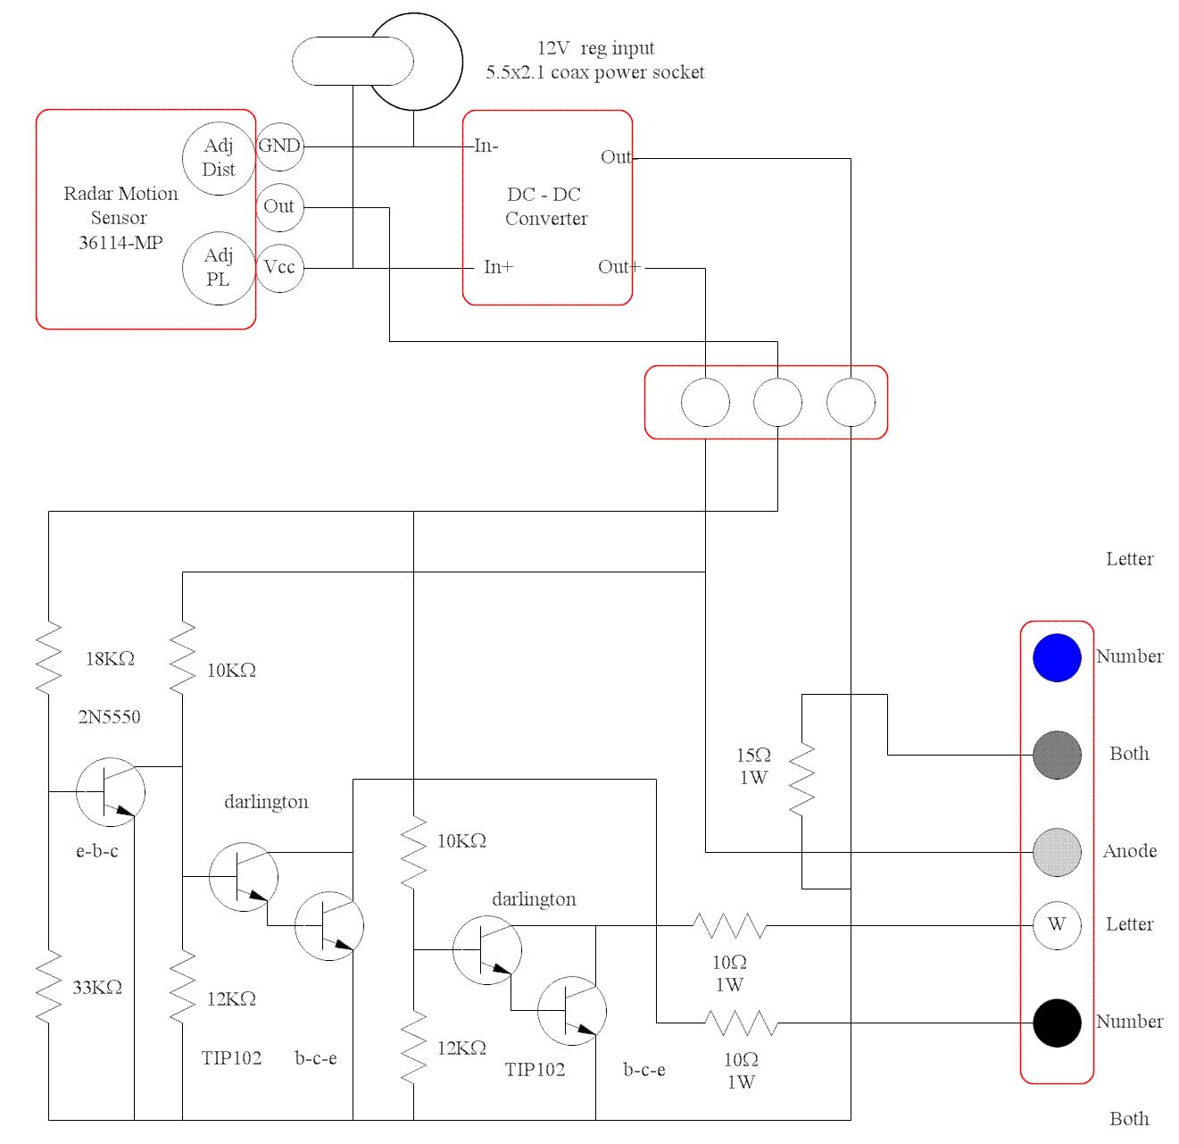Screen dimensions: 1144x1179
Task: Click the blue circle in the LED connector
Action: [1057, 657]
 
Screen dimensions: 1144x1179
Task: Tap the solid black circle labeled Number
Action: [1057, 1023]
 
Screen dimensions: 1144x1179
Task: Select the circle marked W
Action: [1057, 925]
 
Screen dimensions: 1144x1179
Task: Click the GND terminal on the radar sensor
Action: [279, 146]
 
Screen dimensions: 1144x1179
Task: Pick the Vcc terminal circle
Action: [279, 268]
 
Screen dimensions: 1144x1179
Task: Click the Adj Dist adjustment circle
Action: [219, 158]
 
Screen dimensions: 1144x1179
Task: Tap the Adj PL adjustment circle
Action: [219, 268]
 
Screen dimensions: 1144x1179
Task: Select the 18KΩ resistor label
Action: [110, 659]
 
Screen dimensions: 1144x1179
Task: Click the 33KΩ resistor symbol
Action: [48, 987]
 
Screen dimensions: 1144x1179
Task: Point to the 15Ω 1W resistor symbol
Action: [801, 778]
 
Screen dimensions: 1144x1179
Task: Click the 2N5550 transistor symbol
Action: [111, 792]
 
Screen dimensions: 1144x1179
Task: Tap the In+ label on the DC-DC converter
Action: [498, 267]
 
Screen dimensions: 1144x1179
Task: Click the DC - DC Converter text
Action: [545, 206]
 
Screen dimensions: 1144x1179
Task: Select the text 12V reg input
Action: [595, 48]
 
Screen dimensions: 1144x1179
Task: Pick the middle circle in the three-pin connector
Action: [777, 403]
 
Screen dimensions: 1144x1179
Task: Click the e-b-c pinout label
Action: [96, 851]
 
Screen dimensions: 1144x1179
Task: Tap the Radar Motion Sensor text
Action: [120, 218]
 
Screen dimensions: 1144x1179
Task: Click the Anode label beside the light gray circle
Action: [1129, 851]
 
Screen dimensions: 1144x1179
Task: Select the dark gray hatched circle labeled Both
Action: [1057, 755]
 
